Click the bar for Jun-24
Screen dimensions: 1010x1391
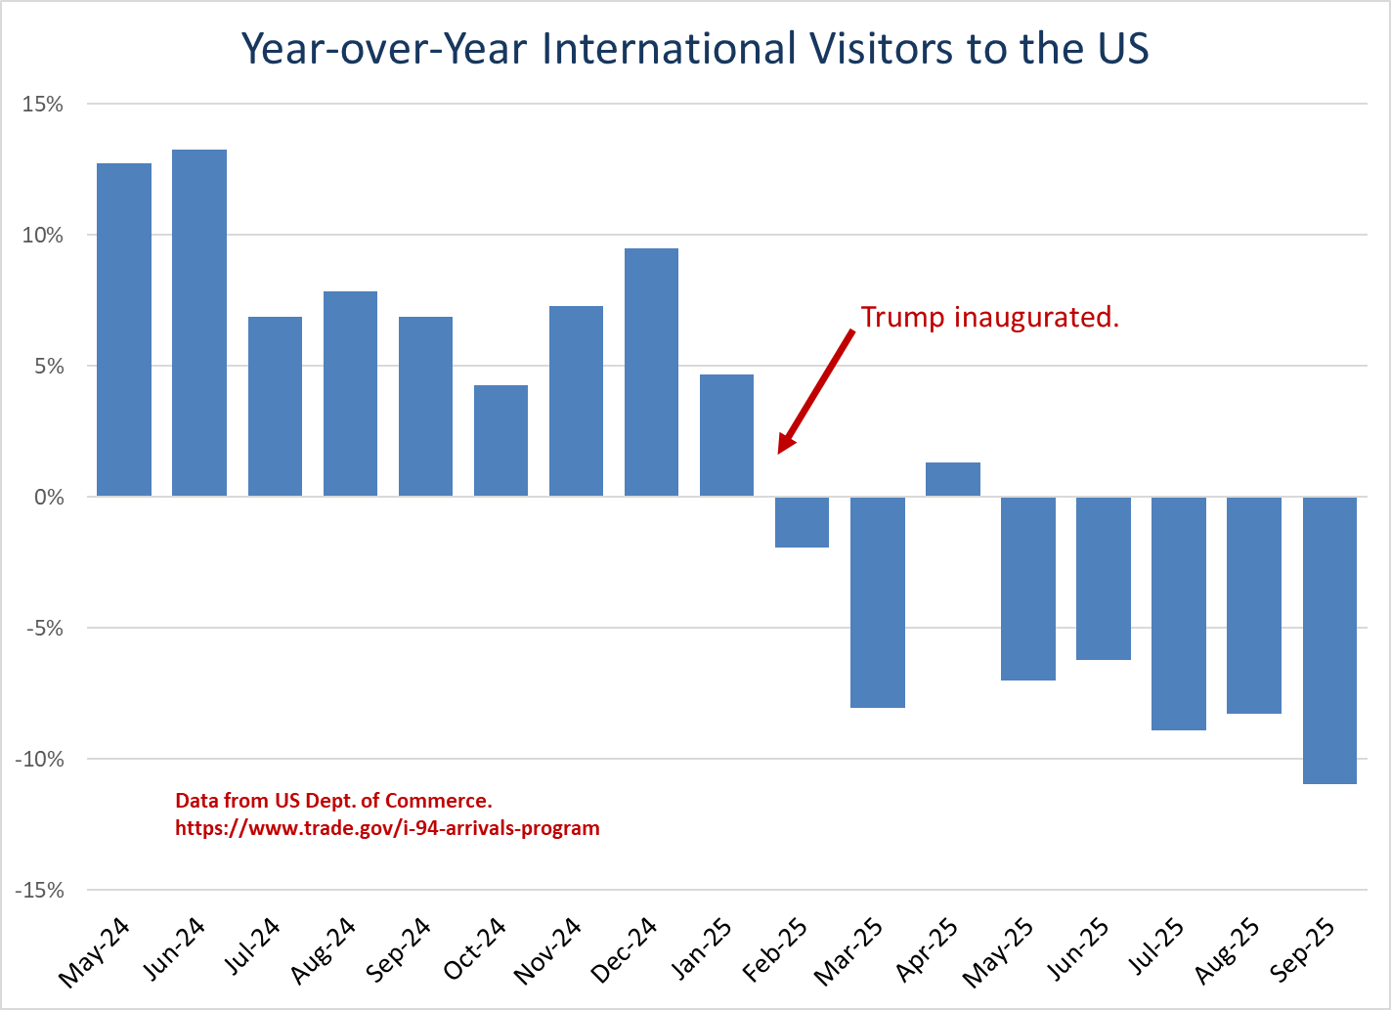[x=199, y=323]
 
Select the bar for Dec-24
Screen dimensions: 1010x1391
[x=651, y=373]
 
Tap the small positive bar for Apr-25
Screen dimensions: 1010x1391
[x=952, y=479]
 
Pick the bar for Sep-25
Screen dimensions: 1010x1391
[x=1329, y=639]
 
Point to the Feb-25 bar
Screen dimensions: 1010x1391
[x=802, y=522]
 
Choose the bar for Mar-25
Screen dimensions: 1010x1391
[x=877, y=601]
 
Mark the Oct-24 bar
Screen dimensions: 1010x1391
[x=500, y=441]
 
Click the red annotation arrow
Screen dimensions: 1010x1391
[x=816, y=391]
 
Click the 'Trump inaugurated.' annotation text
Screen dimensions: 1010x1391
[x=989, y=317]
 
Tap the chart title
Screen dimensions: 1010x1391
[x=694, y=48]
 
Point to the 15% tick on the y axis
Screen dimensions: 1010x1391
[x=43, y=104]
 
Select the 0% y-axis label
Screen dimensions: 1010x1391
[x=48, y=498]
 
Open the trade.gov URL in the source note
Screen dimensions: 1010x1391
[x=387, y=828]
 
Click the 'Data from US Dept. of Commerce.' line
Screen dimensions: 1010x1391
[x=333, y=801]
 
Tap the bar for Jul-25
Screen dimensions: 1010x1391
[x=1178, y=613]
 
